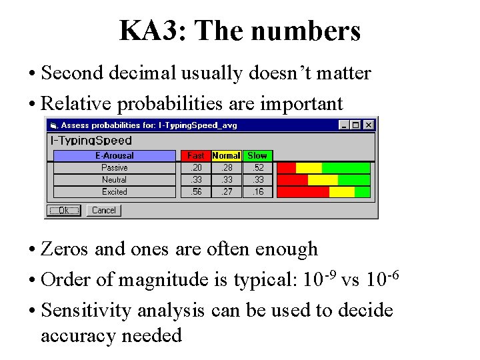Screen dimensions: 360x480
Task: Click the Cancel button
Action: (x=103, y=211)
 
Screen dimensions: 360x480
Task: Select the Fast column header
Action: (x=195, y=156)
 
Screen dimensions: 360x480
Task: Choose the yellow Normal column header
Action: (x=226, y=156)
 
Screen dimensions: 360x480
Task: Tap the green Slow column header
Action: (x=257, y=156)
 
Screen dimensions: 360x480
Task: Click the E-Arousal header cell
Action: (x=114, y=156)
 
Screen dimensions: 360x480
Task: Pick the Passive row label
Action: (x=114, y=168)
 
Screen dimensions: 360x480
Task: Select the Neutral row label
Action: (x=114, y=180)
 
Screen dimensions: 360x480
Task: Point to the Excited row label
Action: (x=114, y=192)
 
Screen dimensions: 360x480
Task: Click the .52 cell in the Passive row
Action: (x=257, y=168)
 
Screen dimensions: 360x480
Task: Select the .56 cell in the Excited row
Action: (x=195, y=192)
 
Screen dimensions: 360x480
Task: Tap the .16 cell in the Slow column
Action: (x=257, y=192)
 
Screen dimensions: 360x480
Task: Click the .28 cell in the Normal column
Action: (x=226, y=168)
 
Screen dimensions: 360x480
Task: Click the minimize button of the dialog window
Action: (x=344, y=125)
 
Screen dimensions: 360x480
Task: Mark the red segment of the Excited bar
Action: (x=303, y=192)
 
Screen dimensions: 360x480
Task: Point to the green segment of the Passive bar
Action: (x=345, y=168)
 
